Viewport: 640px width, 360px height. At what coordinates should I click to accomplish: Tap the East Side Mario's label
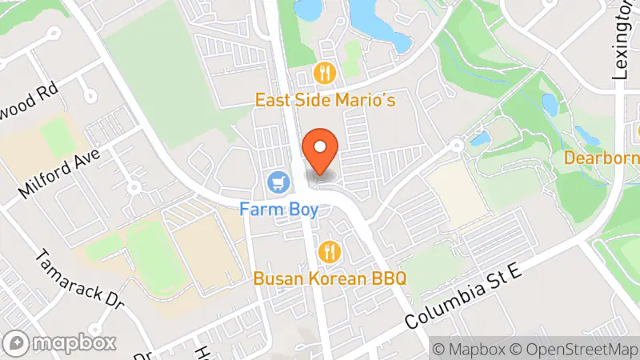[326, 101]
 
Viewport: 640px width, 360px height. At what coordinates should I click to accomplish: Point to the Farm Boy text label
[279, 210]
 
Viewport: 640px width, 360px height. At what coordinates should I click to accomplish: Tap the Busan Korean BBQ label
[330, 278]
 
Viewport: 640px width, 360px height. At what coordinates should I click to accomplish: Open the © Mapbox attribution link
[468, 349]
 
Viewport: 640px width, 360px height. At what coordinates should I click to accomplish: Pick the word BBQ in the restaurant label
[388, 278]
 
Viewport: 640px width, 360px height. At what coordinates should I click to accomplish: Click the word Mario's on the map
[367, 101]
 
